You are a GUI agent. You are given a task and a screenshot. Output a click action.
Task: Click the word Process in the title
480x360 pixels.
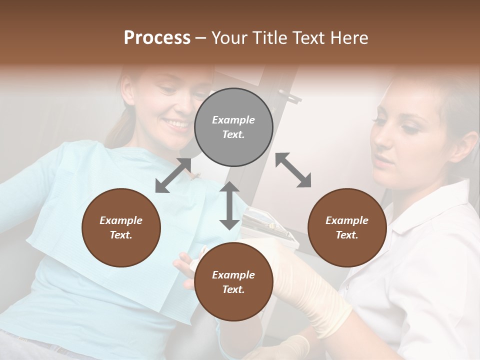pyautogui.click(x=157, y=38)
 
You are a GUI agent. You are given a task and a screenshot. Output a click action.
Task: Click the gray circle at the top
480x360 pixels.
pyautogui.click(x=233, y=127)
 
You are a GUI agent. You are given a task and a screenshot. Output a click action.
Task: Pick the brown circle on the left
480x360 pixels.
pyautogui.click(x=121, y=227)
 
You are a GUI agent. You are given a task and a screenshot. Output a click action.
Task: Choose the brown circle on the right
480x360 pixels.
pyautogui.click(x=347, y=227)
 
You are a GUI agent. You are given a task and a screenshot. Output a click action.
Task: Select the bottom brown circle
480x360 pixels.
pyautogui.click(x=233, y=281)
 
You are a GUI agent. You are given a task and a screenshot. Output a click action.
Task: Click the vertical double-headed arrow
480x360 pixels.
pyautogui.click(x=229, y=205)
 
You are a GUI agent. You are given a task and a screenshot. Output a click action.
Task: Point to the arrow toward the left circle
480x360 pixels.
pyautogui.click(x=173, y=175)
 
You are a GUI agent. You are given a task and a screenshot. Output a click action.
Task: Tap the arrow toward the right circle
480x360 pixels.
pyautogui.click(x=293, y=170)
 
